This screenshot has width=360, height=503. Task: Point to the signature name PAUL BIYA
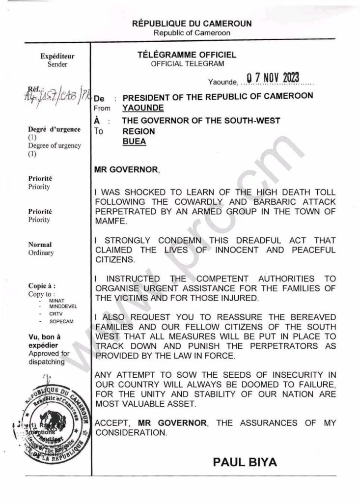click(245, 462)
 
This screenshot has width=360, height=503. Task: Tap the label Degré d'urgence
click(54, 129)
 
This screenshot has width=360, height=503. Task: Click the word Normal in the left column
click(40, 245)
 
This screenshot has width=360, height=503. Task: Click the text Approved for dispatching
click(49, 358)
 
